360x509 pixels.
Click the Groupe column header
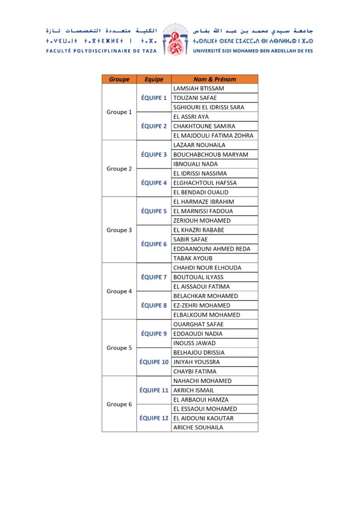[119, 79]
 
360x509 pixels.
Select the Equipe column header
[154, 79]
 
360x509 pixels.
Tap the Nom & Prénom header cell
[214, 79]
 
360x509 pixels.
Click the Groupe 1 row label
[119, 112]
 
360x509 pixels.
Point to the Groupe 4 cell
[119, 291]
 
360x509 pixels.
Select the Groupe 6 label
[119, 404]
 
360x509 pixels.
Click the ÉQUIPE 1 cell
[154, 98]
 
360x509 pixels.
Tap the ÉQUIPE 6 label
[154, 244]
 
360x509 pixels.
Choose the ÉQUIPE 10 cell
[154, 362]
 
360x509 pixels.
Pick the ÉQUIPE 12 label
[154, 418]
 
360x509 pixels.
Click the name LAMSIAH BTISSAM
[198, 88]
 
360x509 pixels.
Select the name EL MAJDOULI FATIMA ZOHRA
[213, 135]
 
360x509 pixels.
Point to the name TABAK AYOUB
[192, 258]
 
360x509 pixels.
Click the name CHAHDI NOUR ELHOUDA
[207, 268]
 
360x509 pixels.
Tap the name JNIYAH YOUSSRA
[196, 362]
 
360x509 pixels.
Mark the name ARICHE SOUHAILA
[198, 427]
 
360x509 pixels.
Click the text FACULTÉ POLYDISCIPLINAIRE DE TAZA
[101, 51]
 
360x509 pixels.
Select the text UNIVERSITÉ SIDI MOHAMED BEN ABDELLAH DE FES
[253, 51]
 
